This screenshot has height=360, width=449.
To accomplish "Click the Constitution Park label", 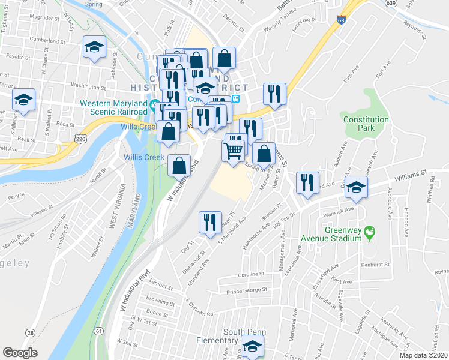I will [366, 124].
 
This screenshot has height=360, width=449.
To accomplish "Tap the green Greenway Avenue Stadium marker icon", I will [370, 231].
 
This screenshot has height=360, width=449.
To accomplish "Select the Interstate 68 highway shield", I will [342, 21].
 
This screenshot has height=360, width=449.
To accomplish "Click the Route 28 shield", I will [30, 332].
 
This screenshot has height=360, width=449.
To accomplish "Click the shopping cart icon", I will [233, 151].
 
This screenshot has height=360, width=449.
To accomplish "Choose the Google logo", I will [20, 353].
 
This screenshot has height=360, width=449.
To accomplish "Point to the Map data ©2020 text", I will [424, 355].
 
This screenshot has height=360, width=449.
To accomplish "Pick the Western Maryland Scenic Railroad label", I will [113, 107].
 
